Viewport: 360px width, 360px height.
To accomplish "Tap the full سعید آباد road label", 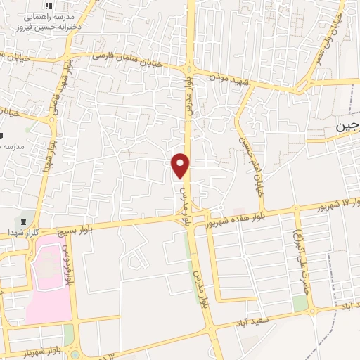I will click(252, 325).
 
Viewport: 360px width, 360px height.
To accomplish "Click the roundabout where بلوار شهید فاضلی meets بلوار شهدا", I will click(51, 120).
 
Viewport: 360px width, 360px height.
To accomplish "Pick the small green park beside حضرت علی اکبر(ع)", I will click(300, 303).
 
